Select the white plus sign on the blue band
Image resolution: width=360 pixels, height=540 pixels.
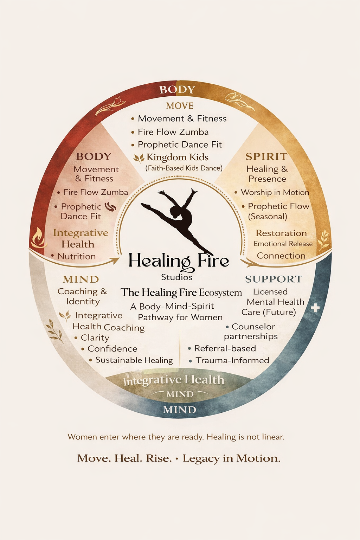click(315, 308)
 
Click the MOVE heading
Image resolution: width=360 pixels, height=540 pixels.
click(180, 106)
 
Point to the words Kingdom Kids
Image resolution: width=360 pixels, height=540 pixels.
click(177, 157)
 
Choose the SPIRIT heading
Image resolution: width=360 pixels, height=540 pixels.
click(266, 156)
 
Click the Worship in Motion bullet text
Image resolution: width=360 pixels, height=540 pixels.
click(275, 192)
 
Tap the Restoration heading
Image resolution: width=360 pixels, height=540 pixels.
click(281, 233)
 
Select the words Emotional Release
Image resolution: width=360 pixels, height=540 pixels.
click(283, 244)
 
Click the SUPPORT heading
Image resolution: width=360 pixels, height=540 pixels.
click(274, 279)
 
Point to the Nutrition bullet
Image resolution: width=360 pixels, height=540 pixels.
click(76, 256)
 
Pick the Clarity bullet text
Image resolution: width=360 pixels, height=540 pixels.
click(95, 337)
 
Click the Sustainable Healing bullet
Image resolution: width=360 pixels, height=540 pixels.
click(134, 360)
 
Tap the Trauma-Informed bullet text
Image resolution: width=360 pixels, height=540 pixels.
click(232, 360)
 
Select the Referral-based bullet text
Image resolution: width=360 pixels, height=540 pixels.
click(225, 348)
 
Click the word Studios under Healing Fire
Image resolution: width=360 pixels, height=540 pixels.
click(177, 277)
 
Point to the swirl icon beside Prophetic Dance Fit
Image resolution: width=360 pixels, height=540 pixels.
click(110, 206)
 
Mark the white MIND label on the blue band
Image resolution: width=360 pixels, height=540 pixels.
click(180, 410)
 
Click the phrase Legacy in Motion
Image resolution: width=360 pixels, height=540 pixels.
click(231, 458)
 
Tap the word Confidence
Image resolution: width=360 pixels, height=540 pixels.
click(112, 349)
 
